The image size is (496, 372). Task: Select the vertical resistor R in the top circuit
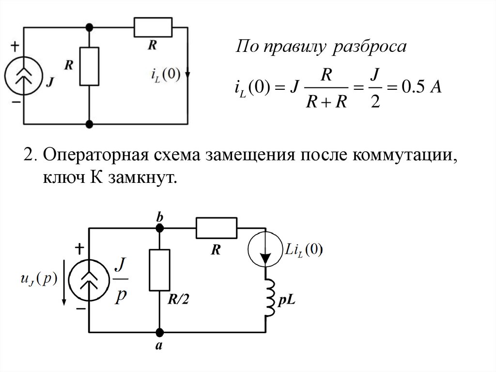tap(90, 66)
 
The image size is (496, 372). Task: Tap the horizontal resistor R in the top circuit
tap(153, 27)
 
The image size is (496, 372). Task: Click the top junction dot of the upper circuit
tap(90, 27)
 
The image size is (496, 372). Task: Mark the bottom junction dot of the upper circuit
tap(90, 124)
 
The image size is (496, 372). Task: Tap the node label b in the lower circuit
tap(158, 218)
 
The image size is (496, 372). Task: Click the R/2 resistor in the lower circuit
tap(159, 270)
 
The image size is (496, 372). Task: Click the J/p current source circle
tap(88, 281)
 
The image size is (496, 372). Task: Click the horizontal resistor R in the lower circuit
tap(217, 227)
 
